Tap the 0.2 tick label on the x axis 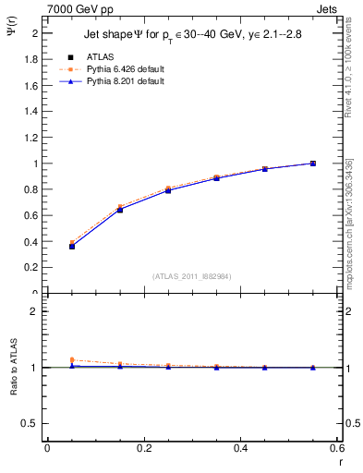(x=143, y=448)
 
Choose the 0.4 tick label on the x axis (x=240, y=448)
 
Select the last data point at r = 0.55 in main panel (x=313, y=164)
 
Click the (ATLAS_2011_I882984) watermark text (x=191, y=276)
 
